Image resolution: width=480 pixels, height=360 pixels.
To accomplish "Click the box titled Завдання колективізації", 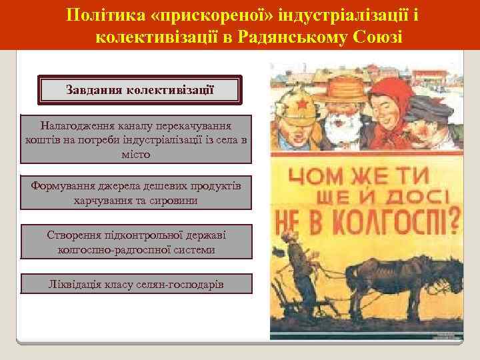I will click(140, 89).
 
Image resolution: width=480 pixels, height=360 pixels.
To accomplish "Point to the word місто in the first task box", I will click(136, 153).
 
